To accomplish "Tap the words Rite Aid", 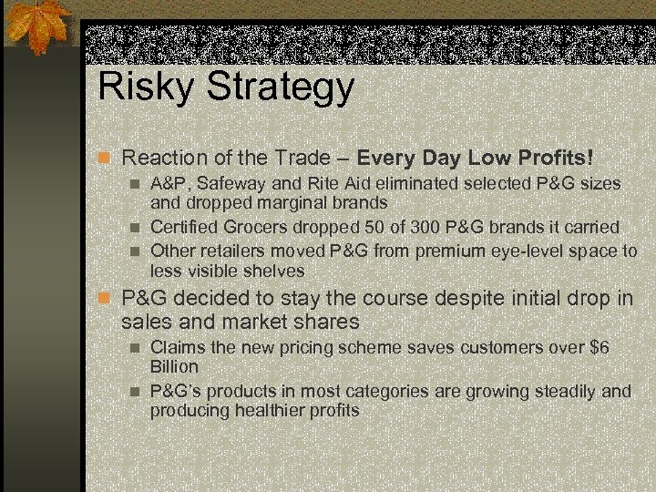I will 335,183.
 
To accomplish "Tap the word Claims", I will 178,347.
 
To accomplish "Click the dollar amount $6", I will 599,347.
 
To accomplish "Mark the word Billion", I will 174,366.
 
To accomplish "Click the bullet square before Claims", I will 136,348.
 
